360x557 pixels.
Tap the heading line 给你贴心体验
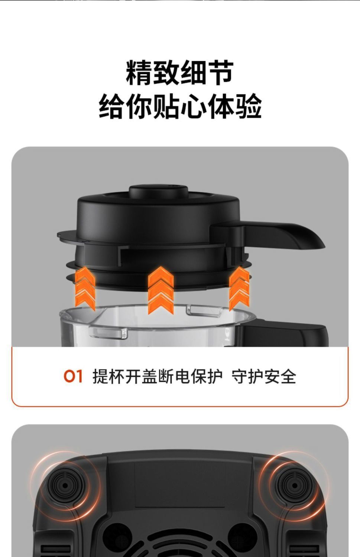(x=180, y=107)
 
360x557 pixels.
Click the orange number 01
(x=73, y=377)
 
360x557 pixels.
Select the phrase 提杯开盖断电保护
(x=157, y=377)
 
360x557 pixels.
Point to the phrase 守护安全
(x=264, y=377)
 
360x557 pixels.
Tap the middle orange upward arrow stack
(x=160, y=290)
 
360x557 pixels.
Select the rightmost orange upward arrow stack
(x=239, y=288)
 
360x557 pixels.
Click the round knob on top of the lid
(x=159, y=192)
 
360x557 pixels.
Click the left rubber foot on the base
(x=65, y=485)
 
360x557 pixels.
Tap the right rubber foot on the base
(x=294, y=485)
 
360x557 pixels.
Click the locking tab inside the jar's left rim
(x=108, y=333)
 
